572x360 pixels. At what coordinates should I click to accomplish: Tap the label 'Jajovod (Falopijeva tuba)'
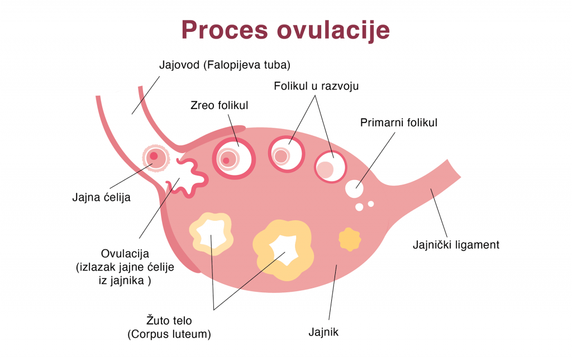tap(225, 65)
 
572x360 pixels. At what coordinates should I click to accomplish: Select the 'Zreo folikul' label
tap(220, 105)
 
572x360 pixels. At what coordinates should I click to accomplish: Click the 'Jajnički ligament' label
tap(456, 244)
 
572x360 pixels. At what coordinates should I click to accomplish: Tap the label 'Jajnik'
tap(324, 333)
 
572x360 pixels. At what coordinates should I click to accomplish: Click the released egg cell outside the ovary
tap(155, 158)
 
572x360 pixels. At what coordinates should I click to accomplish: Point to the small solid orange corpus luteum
tap(349, 239)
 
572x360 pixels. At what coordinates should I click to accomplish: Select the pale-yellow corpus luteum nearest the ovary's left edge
tap(211, 233)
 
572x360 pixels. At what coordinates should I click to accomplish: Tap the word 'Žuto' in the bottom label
tap(158, 321)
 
